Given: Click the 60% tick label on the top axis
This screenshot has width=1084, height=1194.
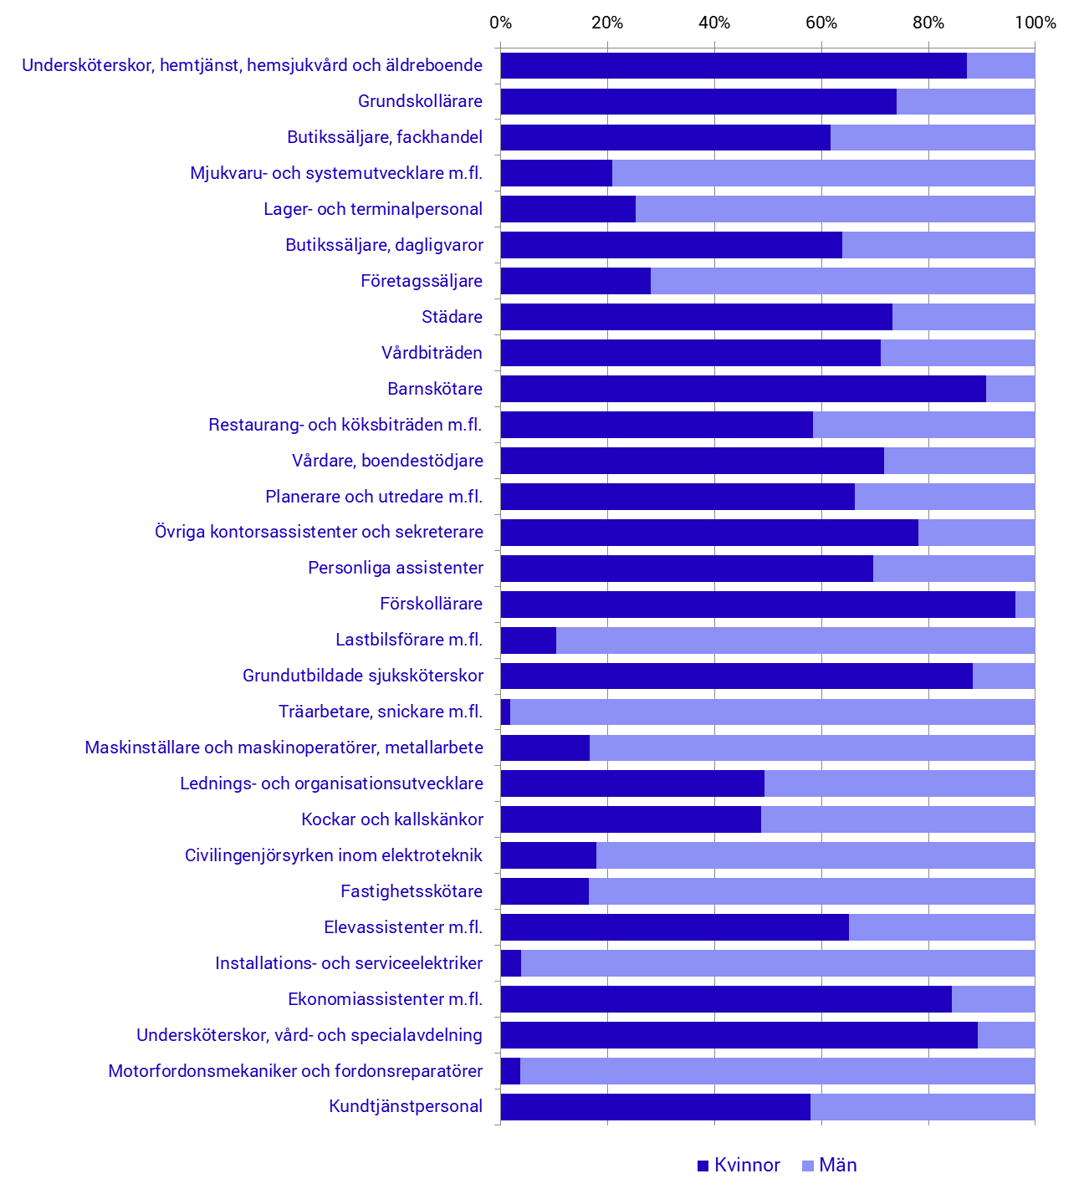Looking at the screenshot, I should (x=821, y=23).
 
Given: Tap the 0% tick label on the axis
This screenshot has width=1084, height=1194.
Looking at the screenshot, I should (x=500, y=23).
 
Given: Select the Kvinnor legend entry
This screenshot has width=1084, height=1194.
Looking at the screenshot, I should (x=739, y=1166).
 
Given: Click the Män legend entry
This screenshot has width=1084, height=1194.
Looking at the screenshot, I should (x=829, y=1166).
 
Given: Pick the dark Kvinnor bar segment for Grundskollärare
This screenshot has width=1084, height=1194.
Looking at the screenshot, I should (x=698, y=101).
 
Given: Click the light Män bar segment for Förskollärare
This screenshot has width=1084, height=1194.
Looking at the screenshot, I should (x=1025, y=605).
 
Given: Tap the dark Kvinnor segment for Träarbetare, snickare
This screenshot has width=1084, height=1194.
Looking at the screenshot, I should (x=505, y=712).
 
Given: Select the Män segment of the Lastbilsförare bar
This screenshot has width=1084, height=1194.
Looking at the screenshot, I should (x=795, y=640).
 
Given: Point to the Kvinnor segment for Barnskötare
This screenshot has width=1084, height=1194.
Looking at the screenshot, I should (x=743, y=389).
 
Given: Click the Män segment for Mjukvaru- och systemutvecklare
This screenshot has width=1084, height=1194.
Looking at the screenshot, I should (x=823, y=173).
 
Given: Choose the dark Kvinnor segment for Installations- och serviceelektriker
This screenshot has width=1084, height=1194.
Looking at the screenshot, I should (x=511, y=963).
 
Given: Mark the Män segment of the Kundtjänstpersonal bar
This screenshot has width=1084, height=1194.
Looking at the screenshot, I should (x=923, y=1107).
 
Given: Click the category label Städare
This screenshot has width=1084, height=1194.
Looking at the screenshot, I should (x=453, y=317).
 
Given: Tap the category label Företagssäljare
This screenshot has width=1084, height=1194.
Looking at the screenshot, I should (x=422, y=281).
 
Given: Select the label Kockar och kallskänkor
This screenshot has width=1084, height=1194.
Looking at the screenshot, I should (x=392, y=819).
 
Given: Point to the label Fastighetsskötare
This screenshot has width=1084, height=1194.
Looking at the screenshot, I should (x=412, y=891).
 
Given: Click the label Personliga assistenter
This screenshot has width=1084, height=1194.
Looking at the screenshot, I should (x=396, y=569).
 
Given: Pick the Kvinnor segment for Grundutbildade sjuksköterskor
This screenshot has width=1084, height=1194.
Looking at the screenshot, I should (x=736, y=676).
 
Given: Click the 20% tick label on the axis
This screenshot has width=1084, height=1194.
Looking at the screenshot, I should (x=607, y=23).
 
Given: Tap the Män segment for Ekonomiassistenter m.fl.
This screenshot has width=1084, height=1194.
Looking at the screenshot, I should (x=993, y=999).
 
